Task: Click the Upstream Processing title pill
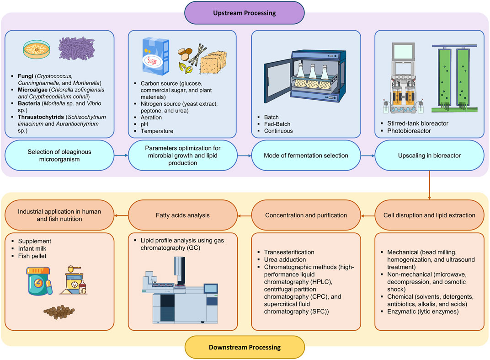point(245,12)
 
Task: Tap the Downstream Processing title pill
point(245,348)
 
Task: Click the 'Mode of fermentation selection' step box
point(305,156)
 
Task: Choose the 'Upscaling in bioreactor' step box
point(429,156)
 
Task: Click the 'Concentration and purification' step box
point(305,215)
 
